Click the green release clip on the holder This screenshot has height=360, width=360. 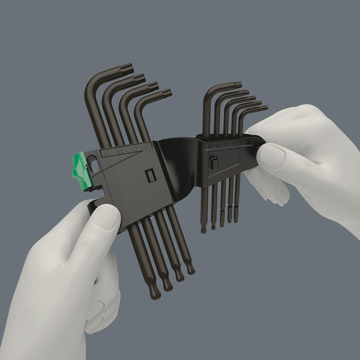pyautogui.click(x=82, y=170)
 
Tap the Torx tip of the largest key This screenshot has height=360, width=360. pyautogui.click(x=127, y=68)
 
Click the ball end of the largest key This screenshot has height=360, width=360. pyautogui.click(x=154, y=293)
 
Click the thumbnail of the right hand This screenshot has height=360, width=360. pyautogui.click(x=271, y=157)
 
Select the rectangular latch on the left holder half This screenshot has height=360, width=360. pyautogui.click(x=151, y=175)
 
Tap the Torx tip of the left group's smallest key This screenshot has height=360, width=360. pyautogui.click(x=166, y=93)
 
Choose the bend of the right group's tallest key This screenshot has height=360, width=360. pyautogui.click(x=207, y=92)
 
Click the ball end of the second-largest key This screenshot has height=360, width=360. pyautogui.click(x=167, y=286)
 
